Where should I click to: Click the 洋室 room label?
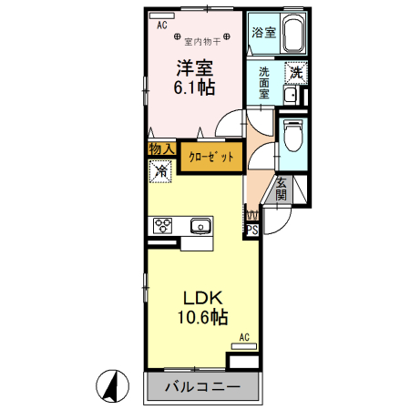tap(194, 67)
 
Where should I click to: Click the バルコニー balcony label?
tap(202, 387)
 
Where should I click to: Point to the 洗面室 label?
tap(264, 82)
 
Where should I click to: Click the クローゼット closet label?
tap(211, 157)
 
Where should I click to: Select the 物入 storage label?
tap(161, 149)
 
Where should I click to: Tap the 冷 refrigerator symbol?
tap(160, 170)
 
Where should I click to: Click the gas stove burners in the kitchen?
tap(164, 226)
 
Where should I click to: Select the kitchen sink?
tap(200, 226)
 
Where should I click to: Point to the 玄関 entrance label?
tap(281, 189)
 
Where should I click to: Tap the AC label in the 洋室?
tap(161, 26)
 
